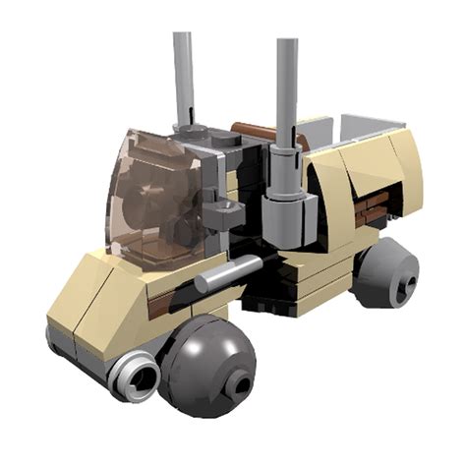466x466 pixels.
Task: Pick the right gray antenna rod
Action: click(x=287, y=88)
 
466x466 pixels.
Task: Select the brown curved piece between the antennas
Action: click(x=258, y=135)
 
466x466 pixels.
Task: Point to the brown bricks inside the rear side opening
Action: click(x=373, y=206)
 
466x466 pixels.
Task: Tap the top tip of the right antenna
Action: click(x=287, y=43)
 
